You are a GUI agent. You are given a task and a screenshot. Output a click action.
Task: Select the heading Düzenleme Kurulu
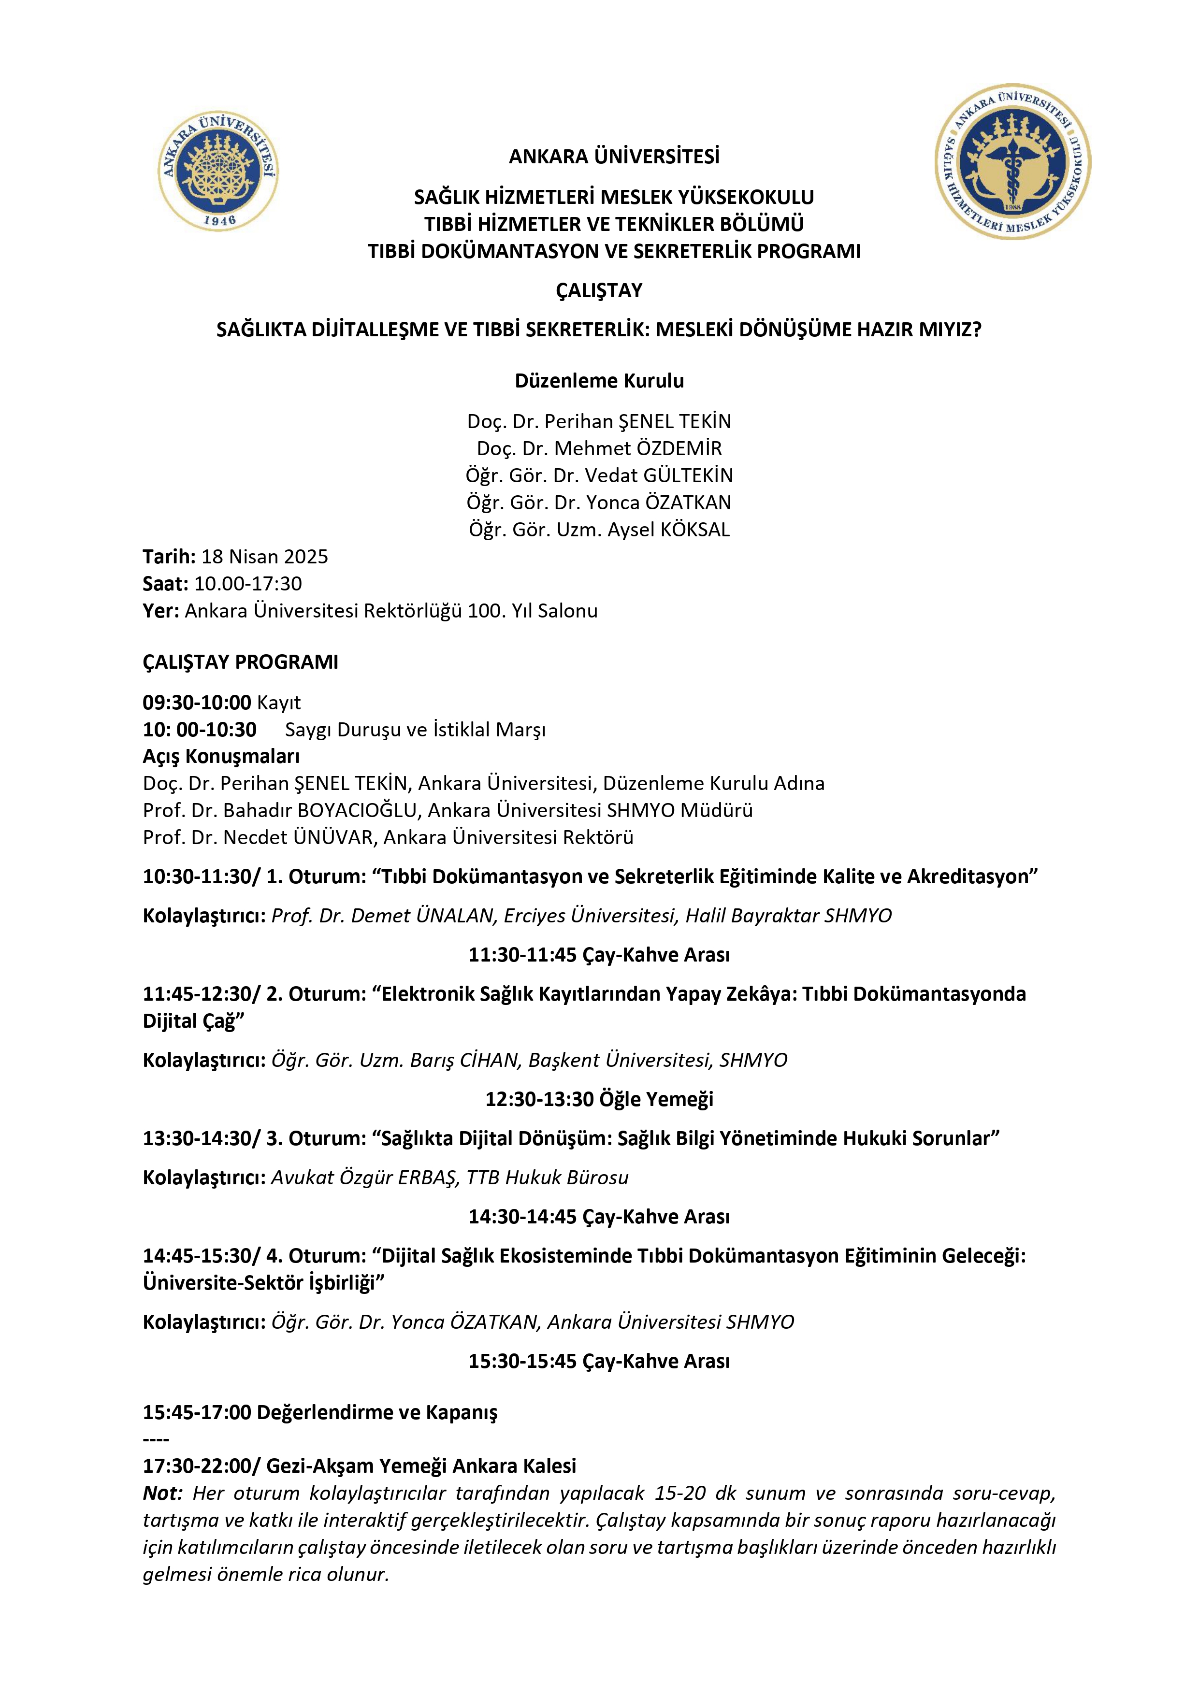tap(599, 381)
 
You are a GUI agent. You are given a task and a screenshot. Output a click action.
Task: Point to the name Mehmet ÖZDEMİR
tap(638, 448)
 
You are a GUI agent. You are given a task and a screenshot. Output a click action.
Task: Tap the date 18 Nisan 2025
tap(264, 557)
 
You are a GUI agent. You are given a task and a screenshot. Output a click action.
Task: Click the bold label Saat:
tap(165, 584)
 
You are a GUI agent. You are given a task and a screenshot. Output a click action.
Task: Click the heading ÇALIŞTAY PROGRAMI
tap(240, 661)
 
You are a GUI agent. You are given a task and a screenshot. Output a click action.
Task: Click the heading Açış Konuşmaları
tap(221, 756)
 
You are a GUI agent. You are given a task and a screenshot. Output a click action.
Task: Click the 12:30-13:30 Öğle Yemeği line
tap(599, 1098)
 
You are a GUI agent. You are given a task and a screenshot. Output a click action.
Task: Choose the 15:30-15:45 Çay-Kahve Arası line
tap(599, 1361)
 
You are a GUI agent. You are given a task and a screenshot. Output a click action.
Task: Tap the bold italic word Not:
tap(162, 1493)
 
